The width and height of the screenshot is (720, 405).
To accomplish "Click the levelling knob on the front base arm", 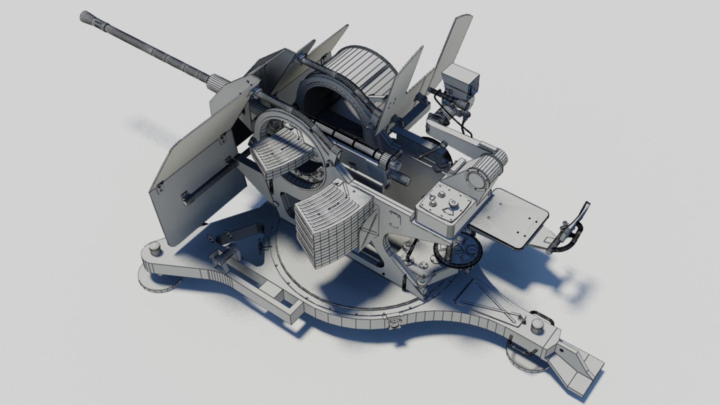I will (154, 248).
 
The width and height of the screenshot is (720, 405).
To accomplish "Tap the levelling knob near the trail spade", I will (537, 326).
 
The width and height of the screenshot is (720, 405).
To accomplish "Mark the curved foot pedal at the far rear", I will (574, 225).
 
